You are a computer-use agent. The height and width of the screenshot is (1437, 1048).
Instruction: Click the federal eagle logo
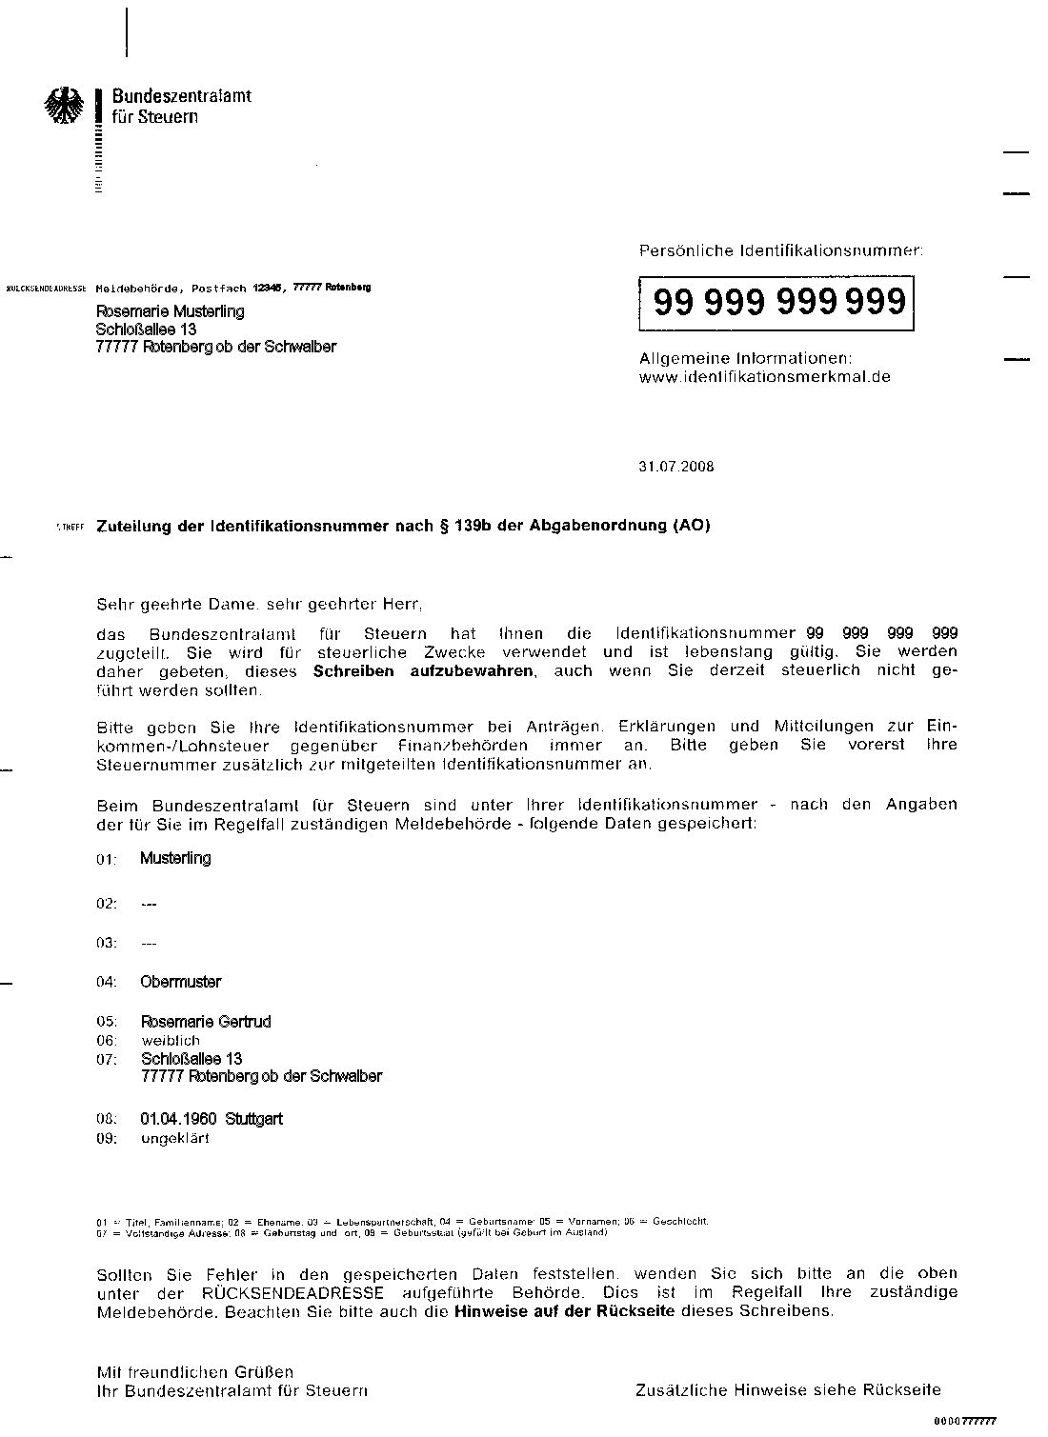click(65, 106)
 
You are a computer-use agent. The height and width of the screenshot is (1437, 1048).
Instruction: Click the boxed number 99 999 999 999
click(778, 303)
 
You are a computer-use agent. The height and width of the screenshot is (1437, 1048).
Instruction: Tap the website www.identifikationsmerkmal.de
click(764, 377)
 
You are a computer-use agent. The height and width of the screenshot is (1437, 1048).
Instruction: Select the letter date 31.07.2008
click(675, 467)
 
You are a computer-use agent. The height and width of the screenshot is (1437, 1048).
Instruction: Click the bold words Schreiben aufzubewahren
click(425, 671)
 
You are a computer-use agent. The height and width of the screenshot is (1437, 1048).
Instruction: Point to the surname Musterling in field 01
click(175, 858)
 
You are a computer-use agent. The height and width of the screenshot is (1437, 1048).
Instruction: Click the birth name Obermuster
click(180, 982)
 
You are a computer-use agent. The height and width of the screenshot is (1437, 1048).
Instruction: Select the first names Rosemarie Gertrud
click(206, 1022)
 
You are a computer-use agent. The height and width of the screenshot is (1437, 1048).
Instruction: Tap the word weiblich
click(171, 1041)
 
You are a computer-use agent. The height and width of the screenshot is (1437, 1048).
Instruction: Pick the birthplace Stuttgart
click(253, 1119)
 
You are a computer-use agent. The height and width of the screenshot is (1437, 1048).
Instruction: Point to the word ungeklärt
click(174, 1138)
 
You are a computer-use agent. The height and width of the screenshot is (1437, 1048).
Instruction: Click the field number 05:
click(106, 1023)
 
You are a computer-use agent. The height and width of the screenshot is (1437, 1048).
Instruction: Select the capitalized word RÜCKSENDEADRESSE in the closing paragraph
click(293, 1293)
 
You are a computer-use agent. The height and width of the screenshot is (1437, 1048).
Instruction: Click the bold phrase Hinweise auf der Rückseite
click(565, 1311)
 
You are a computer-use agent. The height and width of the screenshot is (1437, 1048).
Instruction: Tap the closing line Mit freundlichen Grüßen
click(195, 1372)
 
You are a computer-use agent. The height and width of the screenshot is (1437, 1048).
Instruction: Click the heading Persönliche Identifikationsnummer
click(780, 251)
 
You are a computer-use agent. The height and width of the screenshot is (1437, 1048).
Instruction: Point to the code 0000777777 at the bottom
click(965, 1421)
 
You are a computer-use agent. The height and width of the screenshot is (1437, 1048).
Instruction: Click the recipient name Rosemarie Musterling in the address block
click(170, 311)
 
